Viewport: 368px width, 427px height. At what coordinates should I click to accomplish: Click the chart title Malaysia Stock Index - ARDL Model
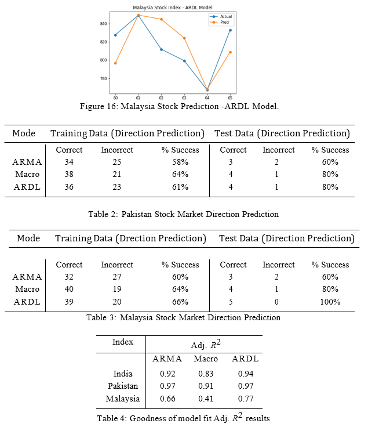click(x=173, y=8)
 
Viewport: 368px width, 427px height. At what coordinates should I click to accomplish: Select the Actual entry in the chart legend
click(x=221, y=17)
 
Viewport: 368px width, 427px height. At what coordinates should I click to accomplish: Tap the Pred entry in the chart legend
click(x=219, y=22)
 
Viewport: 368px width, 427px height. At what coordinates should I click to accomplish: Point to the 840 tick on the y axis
click(x=103, y=24)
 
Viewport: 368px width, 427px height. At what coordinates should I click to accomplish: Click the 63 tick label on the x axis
click(x=184, y=98)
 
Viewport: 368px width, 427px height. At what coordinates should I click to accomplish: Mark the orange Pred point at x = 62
click(x=161, y=19)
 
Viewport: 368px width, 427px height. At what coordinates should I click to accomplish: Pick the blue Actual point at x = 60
click(x=115, y=35)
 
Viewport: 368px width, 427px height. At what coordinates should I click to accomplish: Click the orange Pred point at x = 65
click(x=231, y=52)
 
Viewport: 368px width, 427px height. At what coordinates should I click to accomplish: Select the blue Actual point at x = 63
click(x=184, y=61)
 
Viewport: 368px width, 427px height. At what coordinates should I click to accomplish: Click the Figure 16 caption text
click(x=179, y=106)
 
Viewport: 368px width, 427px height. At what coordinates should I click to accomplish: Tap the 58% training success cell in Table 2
click(x=180, y=162)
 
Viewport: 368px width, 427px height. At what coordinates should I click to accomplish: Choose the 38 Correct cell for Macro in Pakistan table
click(x=69, y=174)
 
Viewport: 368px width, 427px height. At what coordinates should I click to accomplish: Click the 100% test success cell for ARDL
click(x=330, y=302)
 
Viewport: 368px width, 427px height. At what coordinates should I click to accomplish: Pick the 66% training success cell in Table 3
click(x=180, y=302)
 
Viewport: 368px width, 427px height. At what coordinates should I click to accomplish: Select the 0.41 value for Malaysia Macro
click(x=206, y=399)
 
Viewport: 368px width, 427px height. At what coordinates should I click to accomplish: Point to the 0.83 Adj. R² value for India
click(x=206, y=374)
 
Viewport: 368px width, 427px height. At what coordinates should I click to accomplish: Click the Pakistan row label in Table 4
click(x=123, y=386)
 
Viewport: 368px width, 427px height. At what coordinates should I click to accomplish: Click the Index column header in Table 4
click(x=123, y=342)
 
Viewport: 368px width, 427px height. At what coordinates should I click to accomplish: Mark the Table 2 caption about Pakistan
click(x=184, y=214)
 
